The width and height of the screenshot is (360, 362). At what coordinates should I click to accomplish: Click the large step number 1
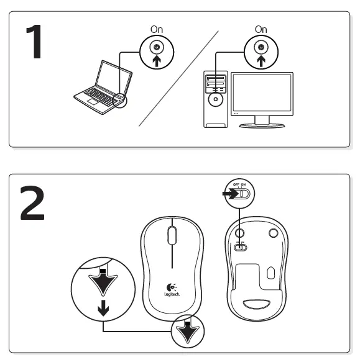tap(32, 42)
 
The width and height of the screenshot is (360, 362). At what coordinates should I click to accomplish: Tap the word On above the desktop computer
tap(261, 29)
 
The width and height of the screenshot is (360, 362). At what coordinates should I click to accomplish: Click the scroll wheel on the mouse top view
tap(172, 235)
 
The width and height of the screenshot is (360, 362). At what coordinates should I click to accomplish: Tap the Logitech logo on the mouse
tap(172, 289)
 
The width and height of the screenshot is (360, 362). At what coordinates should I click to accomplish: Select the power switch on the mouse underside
tap(240, 247)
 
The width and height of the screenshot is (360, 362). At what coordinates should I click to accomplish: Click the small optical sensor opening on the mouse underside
tap(271, 272)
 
